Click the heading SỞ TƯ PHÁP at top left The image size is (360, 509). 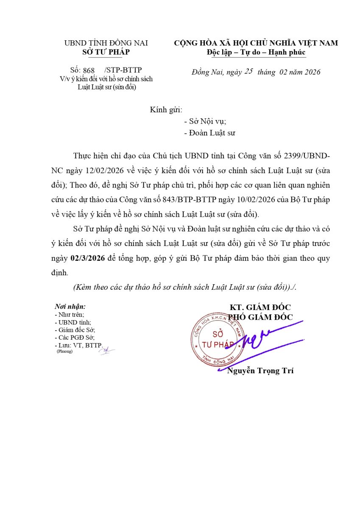coord(106,52)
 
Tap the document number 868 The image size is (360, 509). coord(89,70)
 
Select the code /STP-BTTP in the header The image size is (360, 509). coord(123,70)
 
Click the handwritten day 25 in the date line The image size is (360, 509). coord(248,71)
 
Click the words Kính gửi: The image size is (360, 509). coord(166,110)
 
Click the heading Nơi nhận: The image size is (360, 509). coord(70,306)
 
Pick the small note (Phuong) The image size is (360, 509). coord(64,351)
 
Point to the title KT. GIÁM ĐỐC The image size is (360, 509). coord(260,308)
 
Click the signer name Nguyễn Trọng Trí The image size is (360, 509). coord(260,371)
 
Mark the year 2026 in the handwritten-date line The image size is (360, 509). coord(310,72)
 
